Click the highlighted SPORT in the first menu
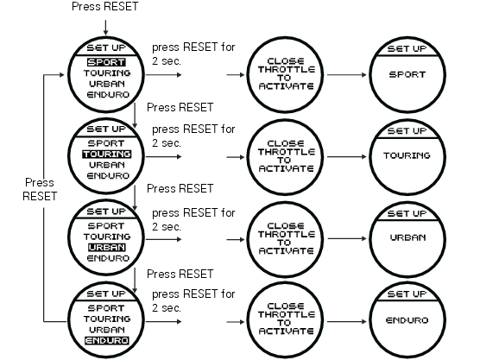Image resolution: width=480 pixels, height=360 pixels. click(106, 62)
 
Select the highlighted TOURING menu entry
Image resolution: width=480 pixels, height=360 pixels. click(106, 154)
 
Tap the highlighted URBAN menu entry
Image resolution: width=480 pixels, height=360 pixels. click(106, 248)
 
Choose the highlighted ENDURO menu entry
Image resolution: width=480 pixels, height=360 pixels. click(107, 340)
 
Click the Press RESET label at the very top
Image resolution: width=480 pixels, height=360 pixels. click(105, 6)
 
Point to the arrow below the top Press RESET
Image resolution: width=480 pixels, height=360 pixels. click(105, 28)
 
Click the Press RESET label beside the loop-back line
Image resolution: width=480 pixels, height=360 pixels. click(40, 189)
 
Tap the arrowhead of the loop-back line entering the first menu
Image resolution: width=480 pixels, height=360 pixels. click(62, 74)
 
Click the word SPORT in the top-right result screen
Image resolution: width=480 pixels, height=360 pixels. click(407, 75)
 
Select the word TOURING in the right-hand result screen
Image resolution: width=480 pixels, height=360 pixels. click(407, 155)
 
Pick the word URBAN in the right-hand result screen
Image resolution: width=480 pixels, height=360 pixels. click(407, 237)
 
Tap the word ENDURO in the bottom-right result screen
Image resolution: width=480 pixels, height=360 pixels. click(407, 320)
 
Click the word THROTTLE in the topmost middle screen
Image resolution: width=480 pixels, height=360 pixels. click(287, 69)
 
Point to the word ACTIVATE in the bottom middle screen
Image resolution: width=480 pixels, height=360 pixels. click(287, 332)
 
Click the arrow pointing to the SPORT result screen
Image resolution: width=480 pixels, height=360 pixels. click(346, 75)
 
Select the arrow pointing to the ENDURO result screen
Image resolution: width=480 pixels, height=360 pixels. click(346, 321)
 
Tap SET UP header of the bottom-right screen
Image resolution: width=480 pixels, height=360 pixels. click(407, 294)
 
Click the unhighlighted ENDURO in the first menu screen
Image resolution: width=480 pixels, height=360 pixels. click(108, 95)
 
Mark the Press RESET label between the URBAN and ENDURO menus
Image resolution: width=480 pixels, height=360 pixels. click(180, 274)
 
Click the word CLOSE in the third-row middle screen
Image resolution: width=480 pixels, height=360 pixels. click(286, 226)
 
